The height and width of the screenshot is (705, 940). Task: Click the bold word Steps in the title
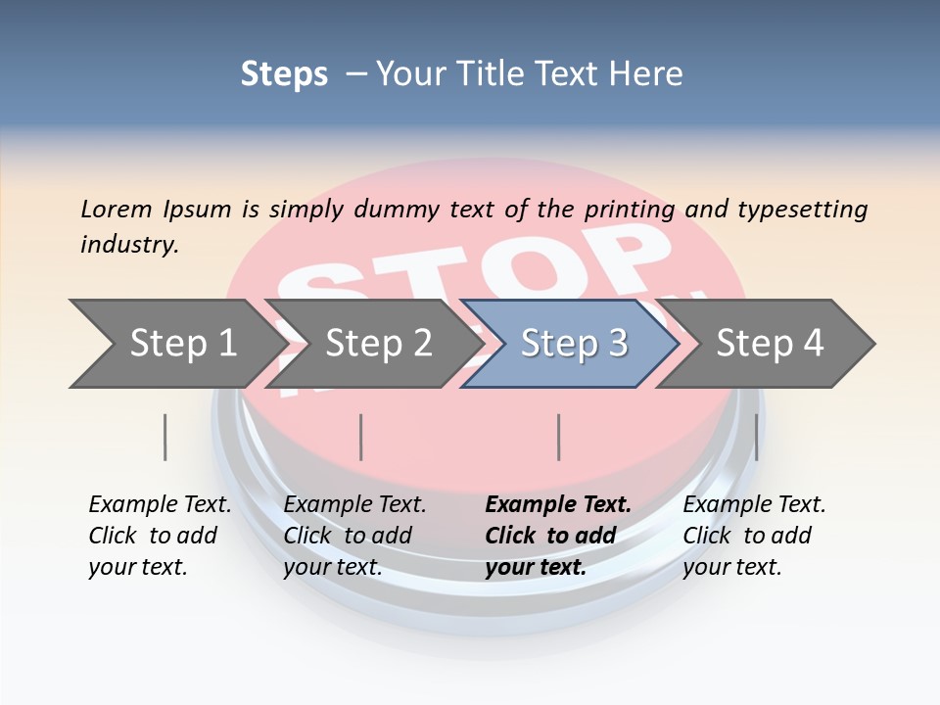click(284, 74)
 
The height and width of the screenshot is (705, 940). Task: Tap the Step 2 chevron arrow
click(377, 344)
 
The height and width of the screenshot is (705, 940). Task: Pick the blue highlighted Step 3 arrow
click(573, 344)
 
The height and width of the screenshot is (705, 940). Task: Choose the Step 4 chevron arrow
click(769, 344)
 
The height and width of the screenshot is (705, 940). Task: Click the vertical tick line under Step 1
click(164, 437)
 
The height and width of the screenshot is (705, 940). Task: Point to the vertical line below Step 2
click(361, 437)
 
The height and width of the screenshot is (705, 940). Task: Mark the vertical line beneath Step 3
click(558, 437)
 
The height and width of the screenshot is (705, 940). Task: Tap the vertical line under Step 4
click(756, 437)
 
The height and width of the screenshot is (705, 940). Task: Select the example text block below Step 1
click(160, 536)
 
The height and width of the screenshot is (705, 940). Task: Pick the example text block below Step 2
click(354, 536)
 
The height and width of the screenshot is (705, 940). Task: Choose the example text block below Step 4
click(754, 536)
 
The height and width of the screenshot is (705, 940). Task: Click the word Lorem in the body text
click(117, 209)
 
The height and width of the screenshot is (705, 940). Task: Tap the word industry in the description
click(129, 245)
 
